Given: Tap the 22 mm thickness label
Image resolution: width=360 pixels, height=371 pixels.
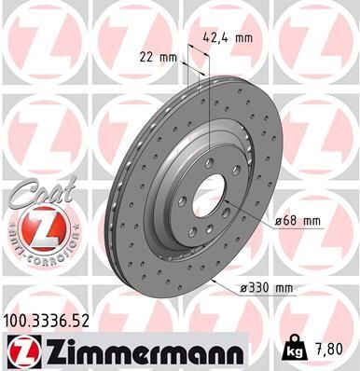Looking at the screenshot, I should click(x=162, y=58).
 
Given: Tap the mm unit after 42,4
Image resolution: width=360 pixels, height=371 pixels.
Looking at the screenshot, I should click(x=244, y=39).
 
